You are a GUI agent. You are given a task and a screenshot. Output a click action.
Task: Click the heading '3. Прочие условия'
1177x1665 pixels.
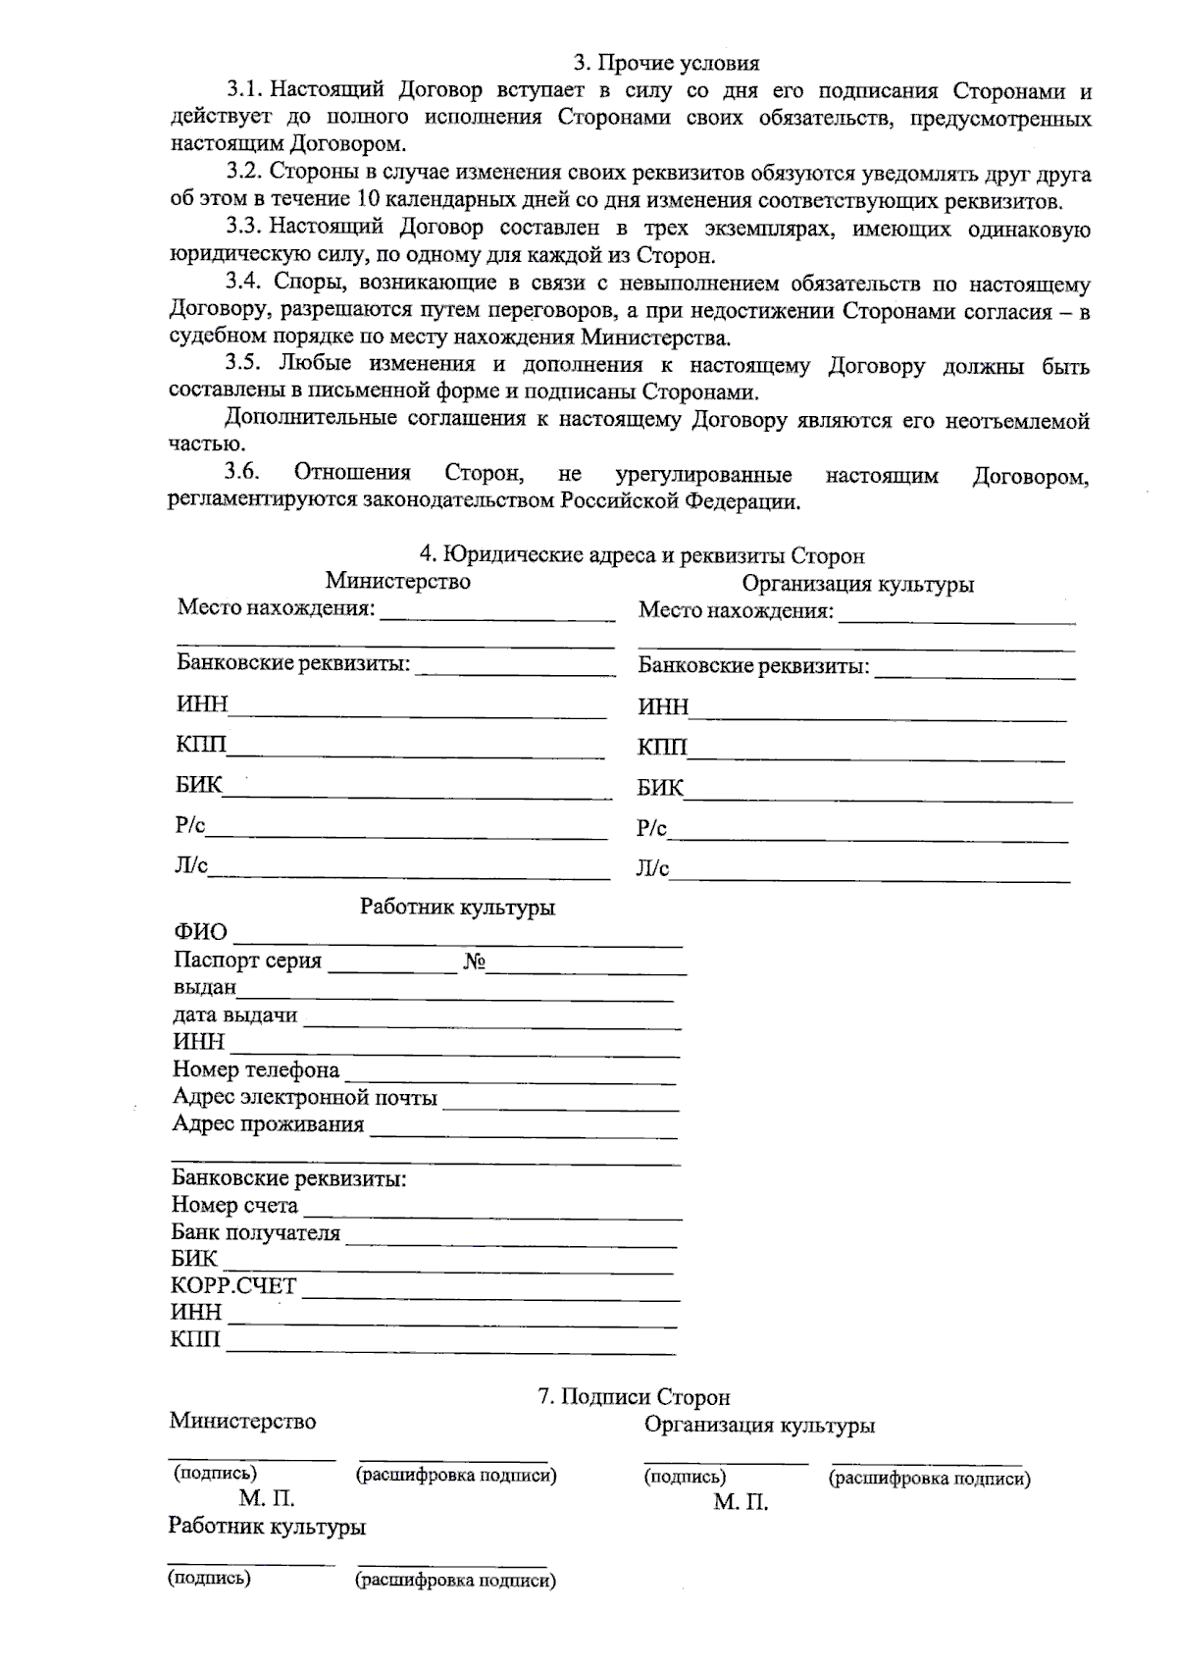point(666,64)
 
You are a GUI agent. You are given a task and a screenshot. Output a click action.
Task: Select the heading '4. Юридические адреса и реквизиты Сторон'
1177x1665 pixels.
point(642,556)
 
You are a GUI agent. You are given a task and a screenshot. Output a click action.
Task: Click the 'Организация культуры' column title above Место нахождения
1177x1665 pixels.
point(857,585)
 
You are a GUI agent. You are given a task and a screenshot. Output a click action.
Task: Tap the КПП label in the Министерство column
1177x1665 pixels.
point(201,745)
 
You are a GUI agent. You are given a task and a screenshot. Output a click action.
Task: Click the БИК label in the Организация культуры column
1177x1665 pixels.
point(660,788)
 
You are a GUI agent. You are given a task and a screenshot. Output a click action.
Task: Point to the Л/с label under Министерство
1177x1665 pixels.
point(191,865)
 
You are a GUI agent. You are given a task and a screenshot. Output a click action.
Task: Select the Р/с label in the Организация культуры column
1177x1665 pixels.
point(651,829)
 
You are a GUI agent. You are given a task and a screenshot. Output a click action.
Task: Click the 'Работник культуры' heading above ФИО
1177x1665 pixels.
point(457,907)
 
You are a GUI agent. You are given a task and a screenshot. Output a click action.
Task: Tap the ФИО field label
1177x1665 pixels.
point(200,931)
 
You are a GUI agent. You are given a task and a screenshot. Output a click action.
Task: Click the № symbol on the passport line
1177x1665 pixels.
point(474,962)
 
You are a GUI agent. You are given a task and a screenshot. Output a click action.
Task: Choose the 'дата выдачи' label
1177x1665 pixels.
point(235,1015)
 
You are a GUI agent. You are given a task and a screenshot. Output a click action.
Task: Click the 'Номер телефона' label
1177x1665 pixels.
point(256,1069)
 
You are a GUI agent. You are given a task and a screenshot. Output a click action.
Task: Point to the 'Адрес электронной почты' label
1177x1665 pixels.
point(304,1097)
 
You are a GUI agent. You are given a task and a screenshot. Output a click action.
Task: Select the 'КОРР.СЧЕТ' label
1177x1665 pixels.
point(233,1285)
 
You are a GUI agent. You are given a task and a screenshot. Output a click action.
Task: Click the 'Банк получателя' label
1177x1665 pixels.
point(256,1233)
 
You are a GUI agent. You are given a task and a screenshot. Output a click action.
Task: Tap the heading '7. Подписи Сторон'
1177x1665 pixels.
point(634,1397)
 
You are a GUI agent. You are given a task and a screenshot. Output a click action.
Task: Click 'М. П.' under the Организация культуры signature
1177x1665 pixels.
point(741,1502)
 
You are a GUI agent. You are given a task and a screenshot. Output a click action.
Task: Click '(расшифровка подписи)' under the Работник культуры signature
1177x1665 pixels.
point(454,1580)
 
